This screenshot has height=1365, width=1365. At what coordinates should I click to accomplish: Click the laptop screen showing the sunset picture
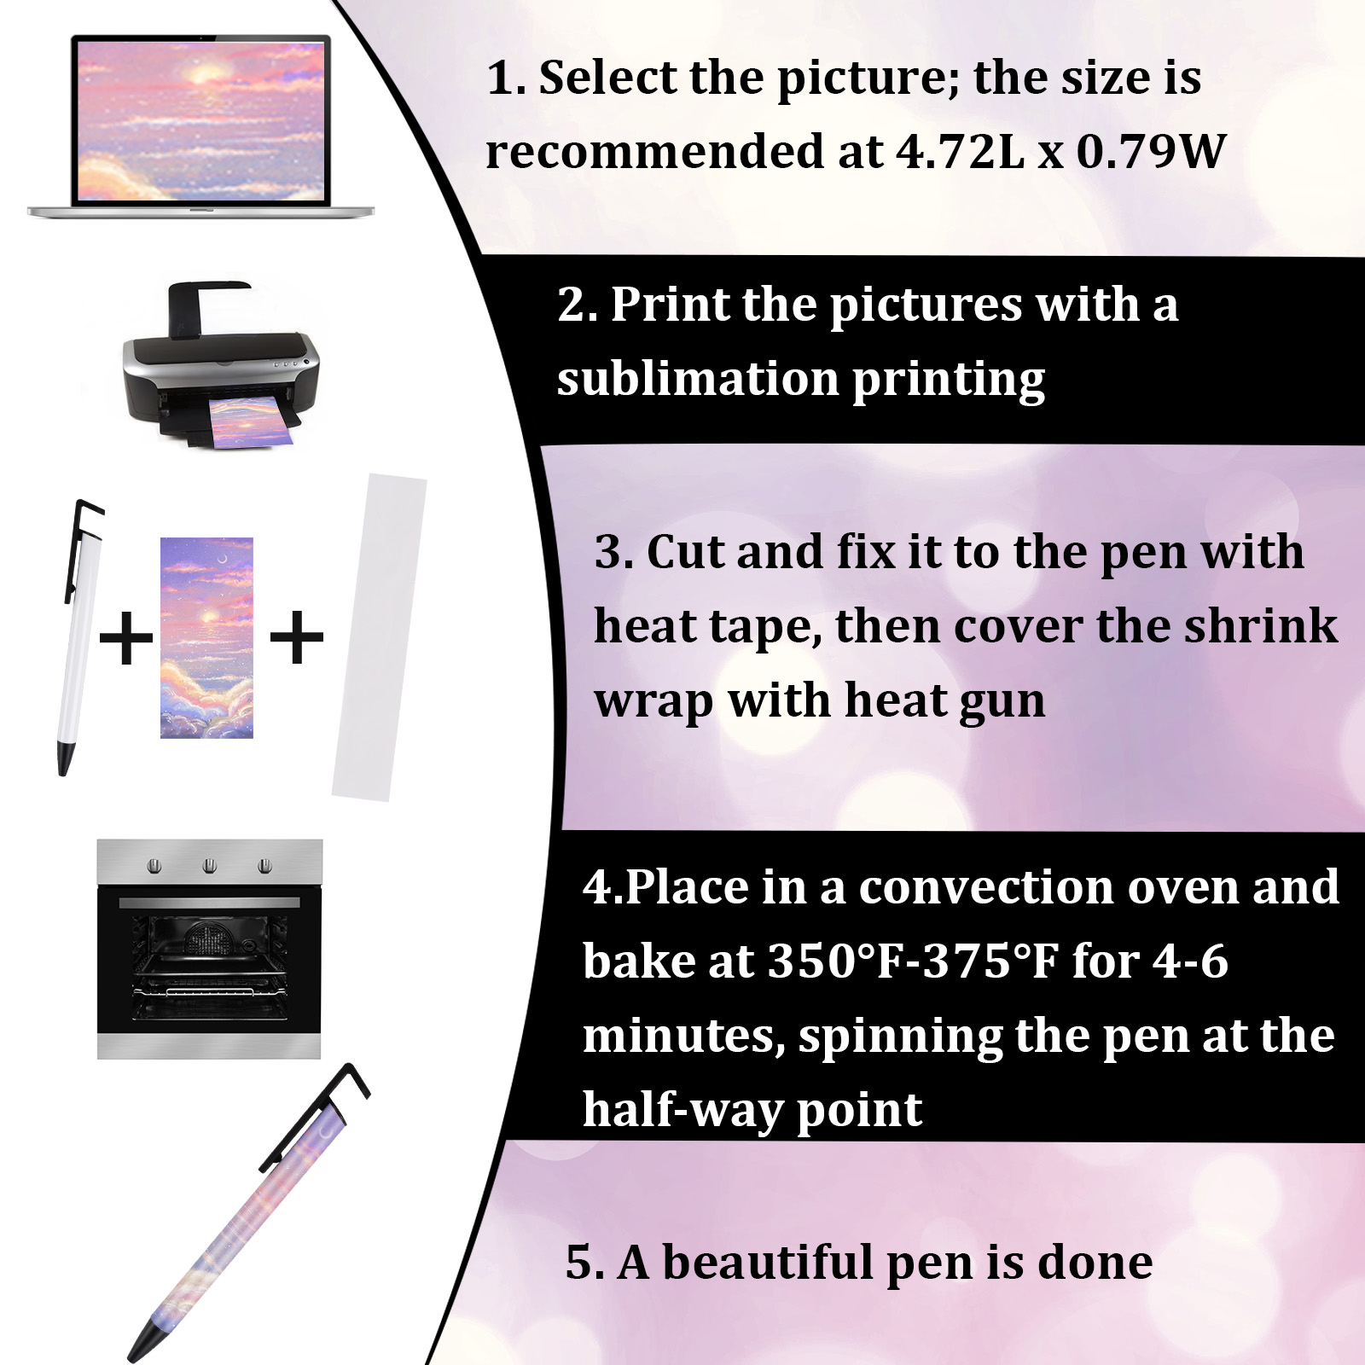tap(200, 120)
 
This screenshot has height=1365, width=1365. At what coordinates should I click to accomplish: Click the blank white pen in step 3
tap(82, 636)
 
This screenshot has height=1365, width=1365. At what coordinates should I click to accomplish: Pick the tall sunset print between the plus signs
tap(206, 637)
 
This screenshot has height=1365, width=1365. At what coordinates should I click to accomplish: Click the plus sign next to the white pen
tap(126, 637)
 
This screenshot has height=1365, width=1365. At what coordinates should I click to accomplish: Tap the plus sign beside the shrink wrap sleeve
tap(296, 637)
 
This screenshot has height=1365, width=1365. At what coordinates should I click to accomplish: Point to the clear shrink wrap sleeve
tap(380, 637)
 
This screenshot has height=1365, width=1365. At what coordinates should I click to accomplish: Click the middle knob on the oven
tap(210, 867)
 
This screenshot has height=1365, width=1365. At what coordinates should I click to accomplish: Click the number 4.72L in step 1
tap(961, 152)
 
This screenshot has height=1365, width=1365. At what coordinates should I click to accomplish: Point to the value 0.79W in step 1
tap(1151, 152)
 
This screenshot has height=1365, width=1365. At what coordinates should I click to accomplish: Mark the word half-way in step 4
tap(682, 1111)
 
